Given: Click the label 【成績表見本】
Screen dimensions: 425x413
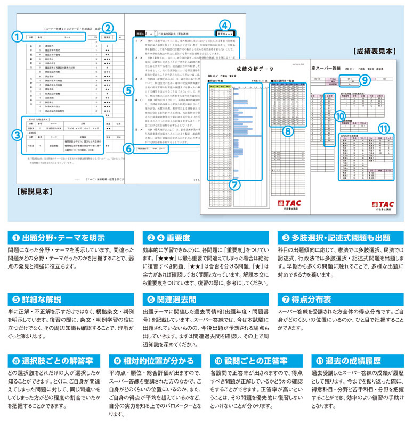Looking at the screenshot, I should [x=374, y=52].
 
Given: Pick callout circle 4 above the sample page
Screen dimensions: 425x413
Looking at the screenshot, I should [x=225, y=25].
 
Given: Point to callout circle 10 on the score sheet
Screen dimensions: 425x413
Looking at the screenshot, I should [x=339, y=115].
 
